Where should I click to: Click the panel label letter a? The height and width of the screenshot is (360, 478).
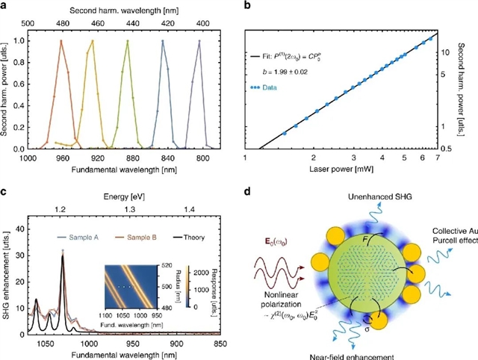[x=5, y=5]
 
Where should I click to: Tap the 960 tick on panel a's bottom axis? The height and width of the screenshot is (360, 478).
[x=62, y=159]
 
